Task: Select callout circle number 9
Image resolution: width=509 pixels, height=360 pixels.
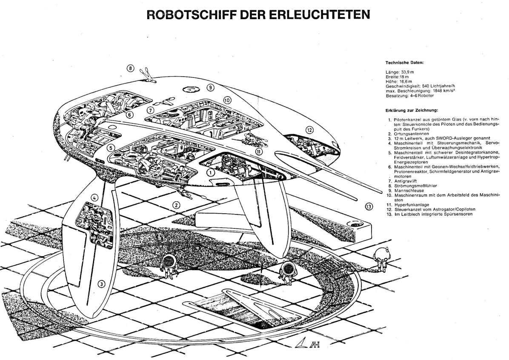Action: (x=210, y=87)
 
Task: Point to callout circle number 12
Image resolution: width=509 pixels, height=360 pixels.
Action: (x=309, y=130)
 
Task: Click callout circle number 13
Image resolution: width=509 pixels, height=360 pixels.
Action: (x=369, y=207)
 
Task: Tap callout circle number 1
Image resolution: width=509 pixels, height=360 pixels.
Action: (x=210, y=172)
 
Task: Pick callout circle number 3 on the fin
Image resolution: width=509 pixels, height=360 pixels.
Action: (x=101, y=284)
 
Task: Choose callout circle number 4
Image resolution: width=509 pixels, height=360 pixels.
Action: (x=95, y=197)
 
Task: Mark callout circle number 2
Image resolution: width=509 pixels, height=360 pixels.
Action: (x=175, y=205)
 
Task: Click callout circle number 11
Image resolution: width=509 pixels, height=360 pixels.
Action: (x=259, y=151)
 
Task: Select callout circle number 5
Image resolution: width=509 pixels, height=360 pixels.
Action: (x=110, y=148)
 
